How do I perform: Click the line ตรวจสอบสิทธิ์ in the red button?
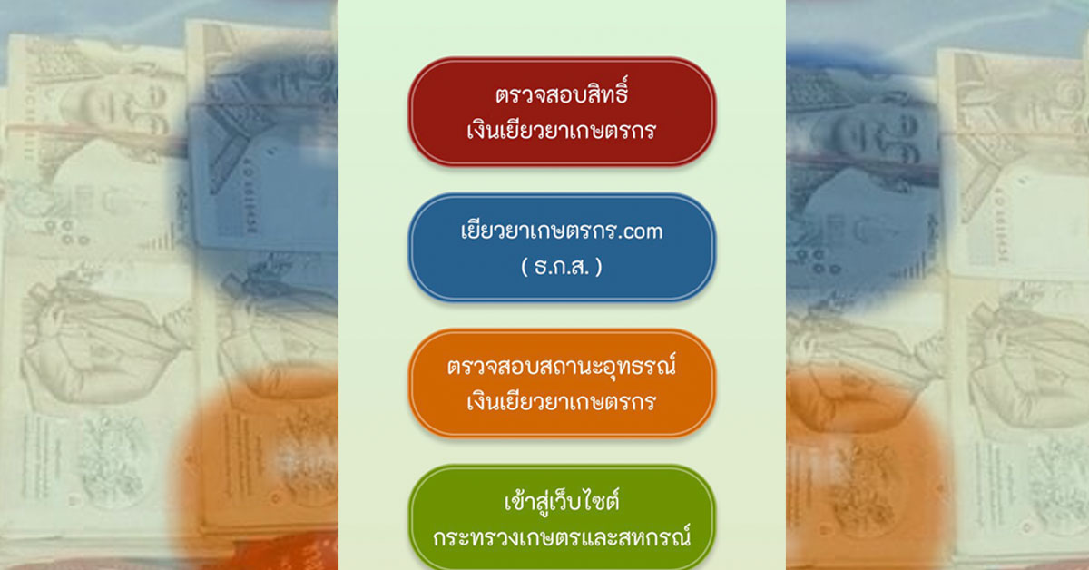pos(562,92)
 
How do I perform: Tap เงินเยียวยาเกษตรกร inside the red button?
pos(562,131)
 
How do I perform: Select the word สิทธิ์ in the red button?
pos(608,92)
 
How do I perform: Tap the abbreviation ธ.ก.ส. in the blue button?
pos(562,267)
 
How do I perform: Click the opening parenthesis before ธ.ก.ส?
pos(525,268)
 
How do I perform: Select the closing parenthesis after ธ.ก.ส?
pos(599,268)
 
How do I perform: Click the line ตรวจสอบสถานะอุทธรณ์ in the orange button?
pos(562,366)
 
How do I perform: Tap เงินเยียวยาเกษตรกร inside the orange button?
pos(562,402)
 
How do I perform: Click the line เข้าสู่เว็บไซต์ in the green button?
pos(562,500)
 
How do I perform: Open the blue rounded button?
pos(562,248)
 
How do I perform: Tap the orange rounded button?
pos(562,383)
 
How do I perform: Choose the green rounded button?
pos(562,517)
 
